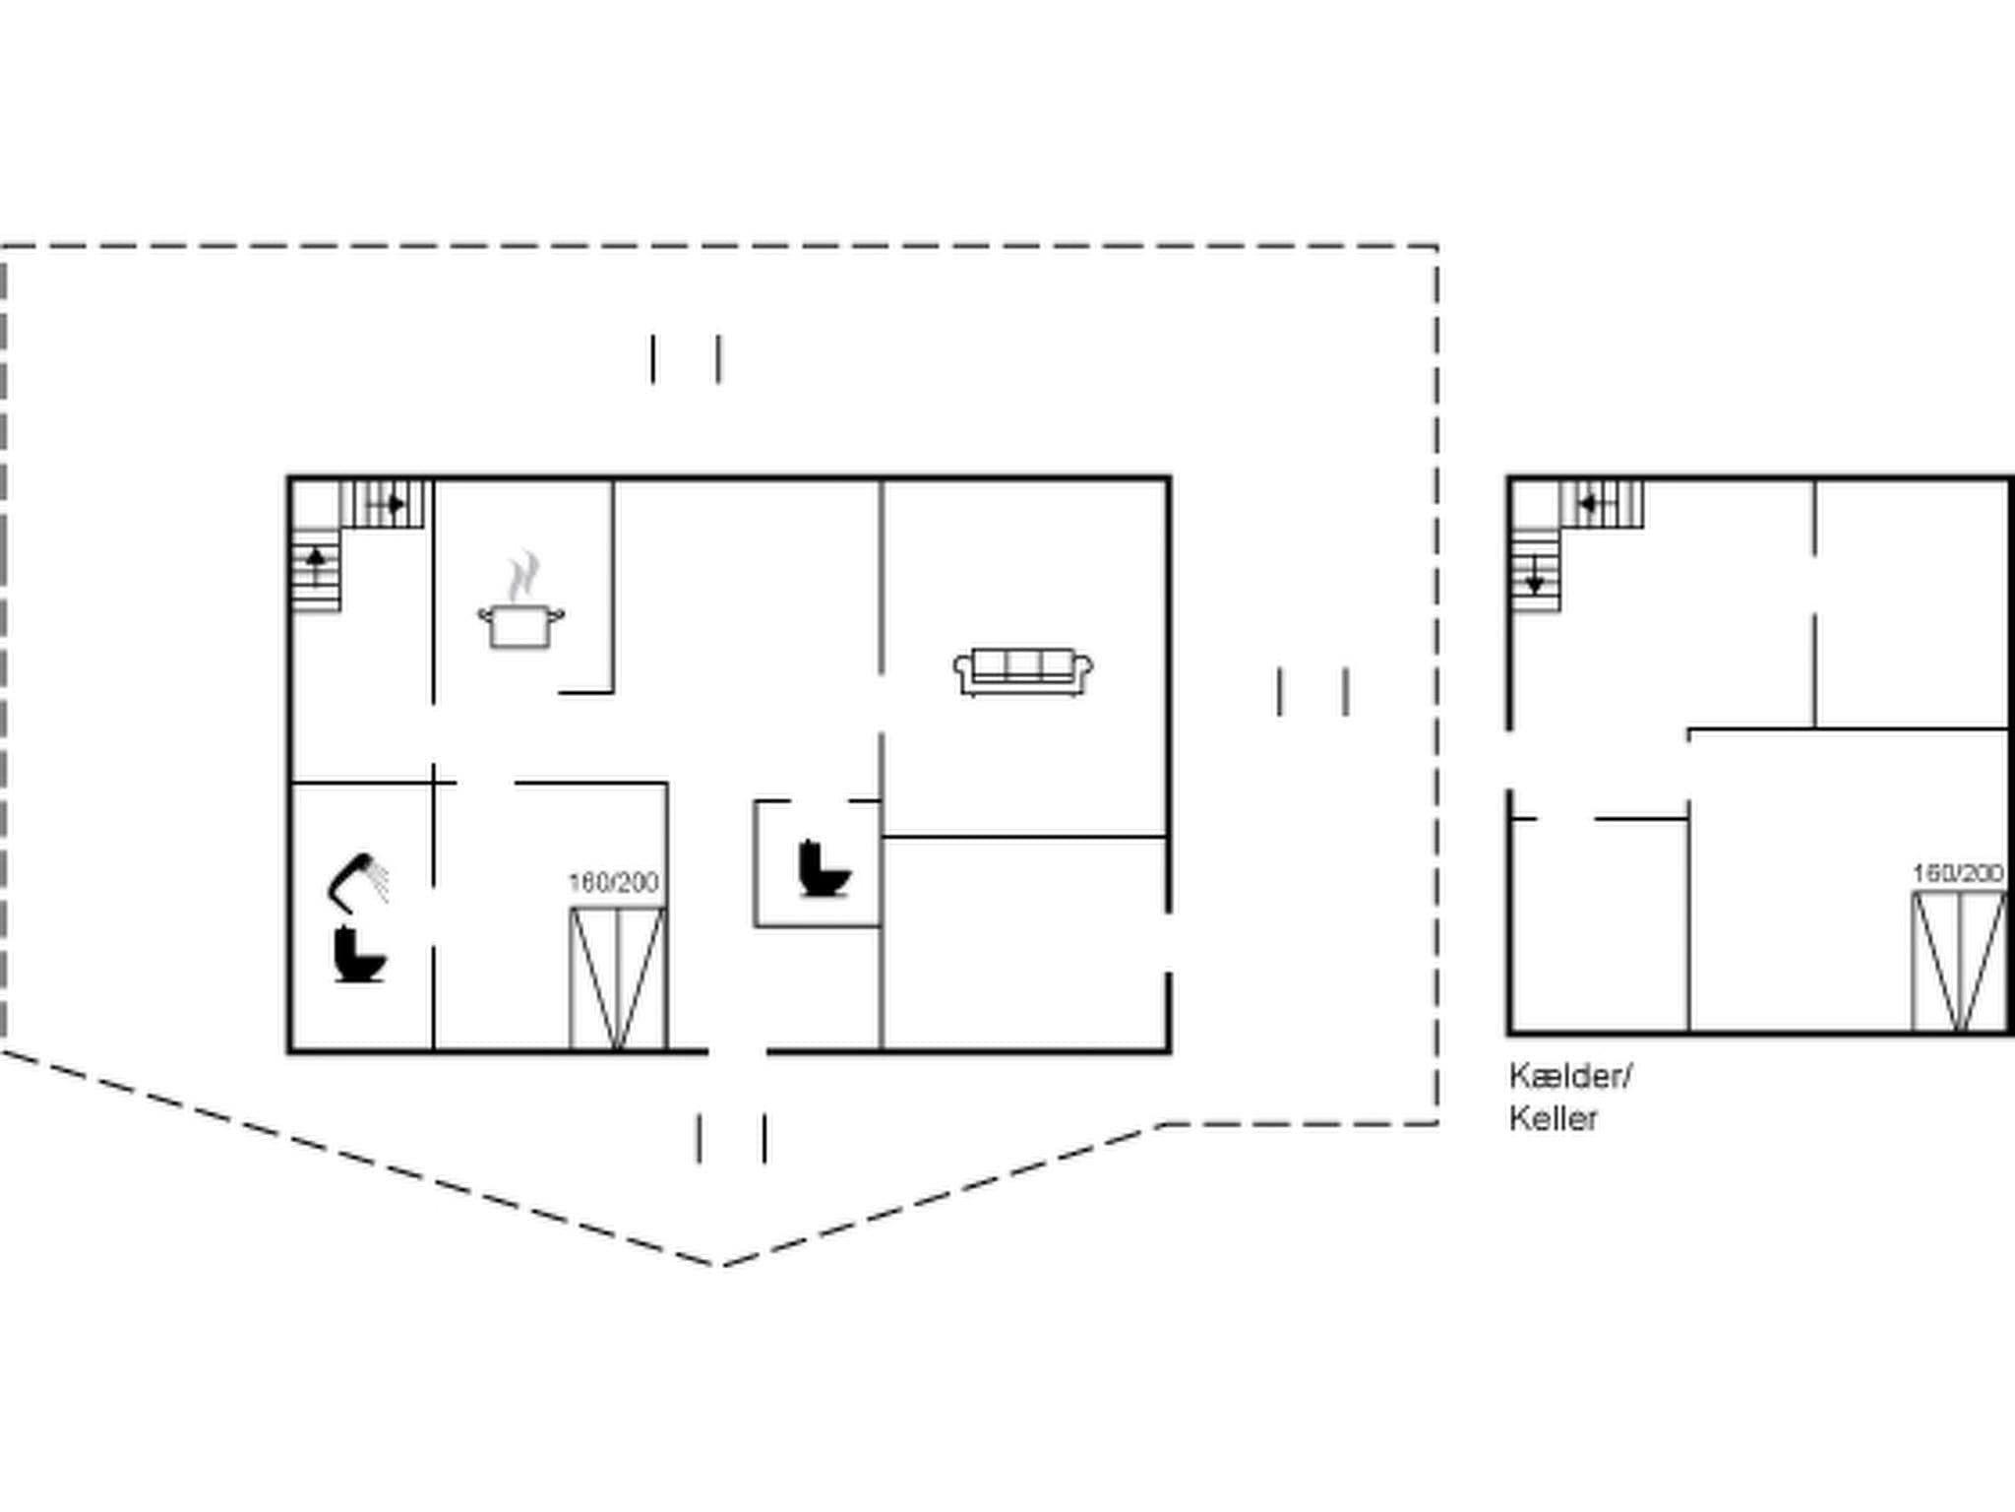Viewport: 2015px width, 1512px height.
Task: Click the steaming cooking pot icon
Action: click(521, 602)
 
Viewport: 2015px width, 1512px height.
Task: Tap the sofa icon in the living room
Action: click(1023, 671)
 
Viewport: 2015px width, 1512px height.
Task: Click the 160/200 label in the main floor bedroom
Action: click(614, 882)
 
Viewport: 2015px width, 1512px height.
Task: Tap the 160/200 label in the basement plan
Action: click(1958, 873)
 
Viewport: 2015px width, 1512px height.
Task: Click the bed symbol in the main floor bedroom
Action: click(618, 977)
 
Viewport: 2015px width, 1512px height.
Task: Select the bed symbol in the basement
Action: click(1959, 961)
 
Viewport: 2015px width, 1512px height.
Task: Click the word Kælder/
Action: click(1570, 1076)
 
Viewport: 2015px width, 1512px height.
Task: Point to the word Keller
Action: click(1554, 1119)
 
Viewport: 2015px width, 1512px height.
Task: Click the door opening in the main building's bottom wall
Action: click(737, 1051)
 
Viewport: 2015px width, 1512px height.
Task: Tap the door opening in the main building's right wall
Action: click(1169, 943)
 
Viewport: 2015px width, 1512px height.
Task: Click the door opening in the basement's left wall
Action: click(1509, 760)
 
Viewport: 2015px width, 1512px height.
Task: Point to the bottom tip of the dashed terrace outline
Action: click(718, 1264)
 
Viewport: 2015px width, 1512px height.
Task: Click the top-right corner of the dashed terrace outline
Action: click(1436, 247)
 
